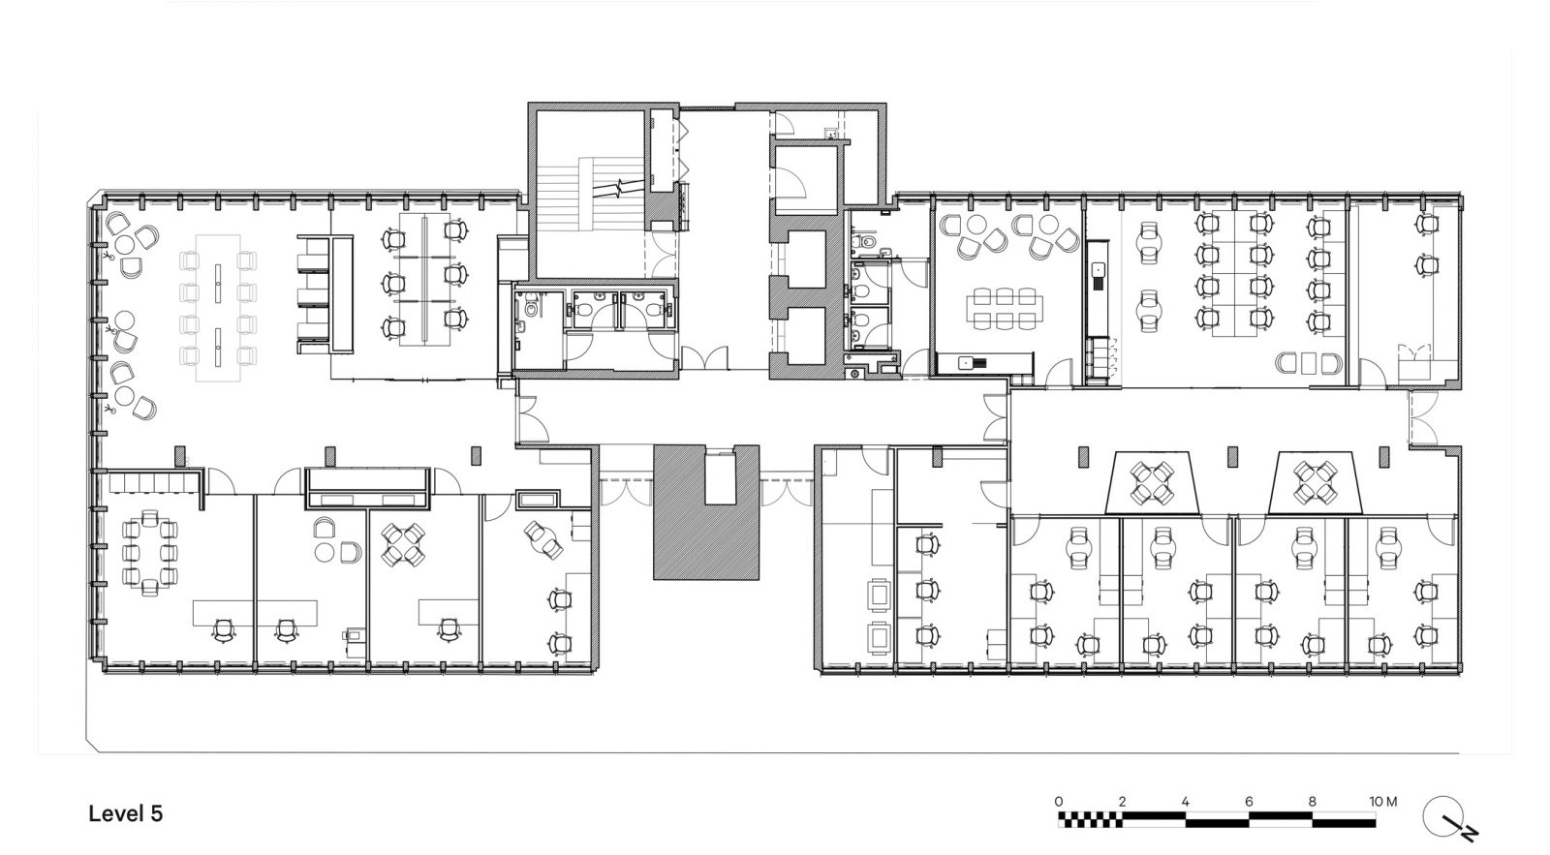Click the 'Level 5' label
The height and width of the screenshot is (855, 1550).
pos(125,813)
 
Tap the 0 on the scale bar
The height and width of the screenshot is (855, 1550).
pos(1058,802)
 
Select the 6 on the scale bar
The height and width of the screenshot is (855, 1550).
pos(1249,802)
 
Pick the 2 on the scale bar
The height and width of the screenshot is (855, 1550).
pos(1121,802)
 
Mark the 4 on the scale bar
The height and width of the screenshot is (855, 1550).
pos(1185,802)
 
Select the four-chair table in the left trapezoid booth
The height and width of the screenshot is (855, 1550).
pos(1151,483)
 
